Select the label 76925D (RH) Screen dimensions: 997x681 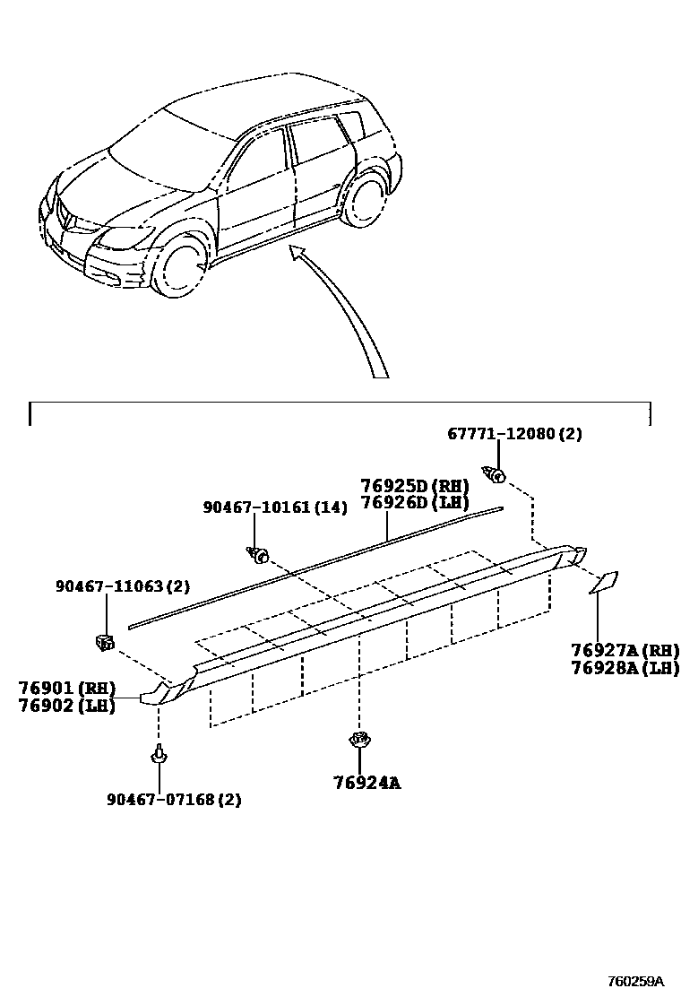click(415, 486)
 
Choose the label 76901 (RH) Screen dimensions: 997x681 click(67, 688)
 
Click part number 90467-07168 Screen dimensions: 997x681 click(160, 799)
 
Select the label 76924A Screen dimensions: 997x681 click(366, 783)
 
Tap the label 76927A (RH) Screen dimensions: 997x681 click(625, 650)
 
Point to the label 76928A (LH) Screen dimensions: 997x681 click(625, 667)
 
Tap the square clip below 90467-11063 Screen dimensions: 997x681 click(105, 640)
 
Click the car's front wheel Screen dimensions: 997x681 click(184, 264)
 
